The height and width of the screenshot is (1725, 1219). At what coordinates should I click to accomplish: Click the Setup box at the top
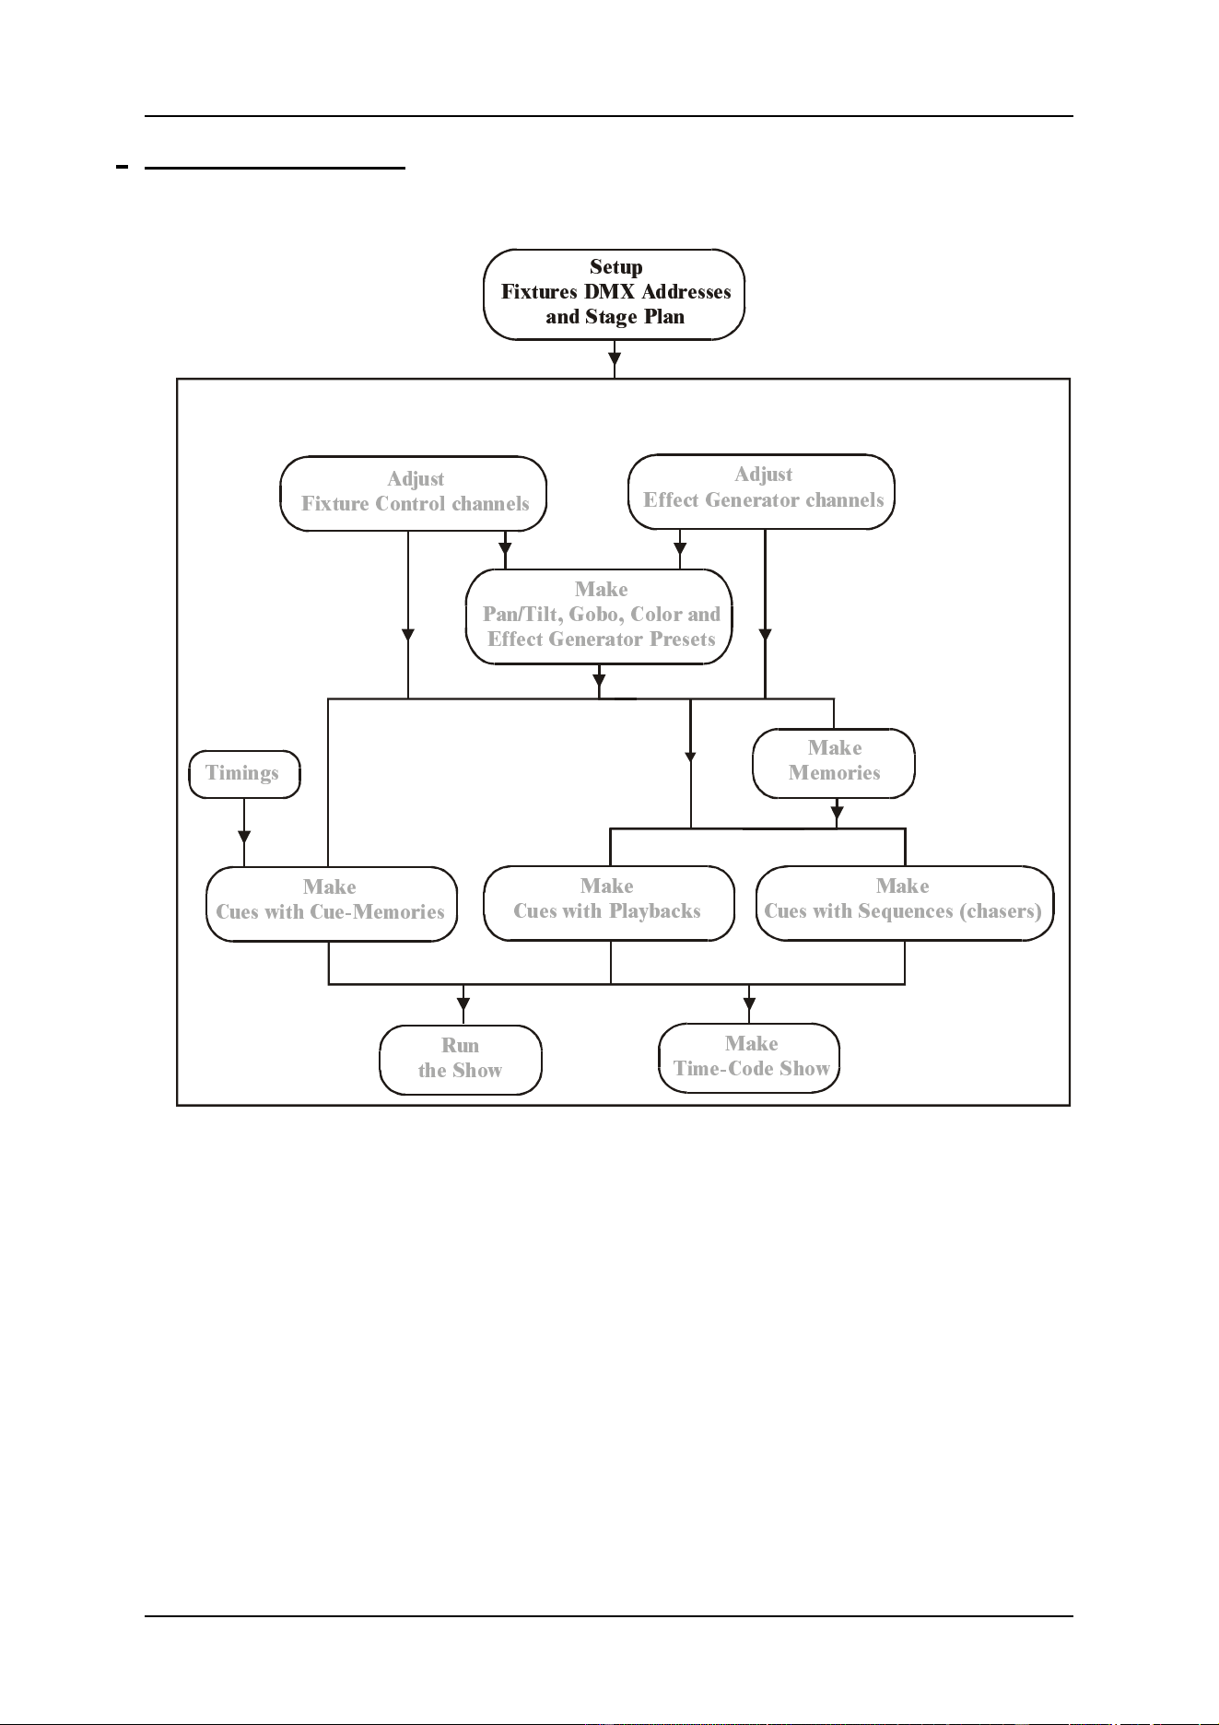614,294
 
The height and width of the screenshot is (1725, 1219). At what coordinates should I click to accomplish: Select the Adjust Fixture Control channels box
414,494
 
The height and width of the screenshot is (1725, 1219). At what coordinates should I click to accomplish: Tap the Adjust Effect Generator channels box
762,491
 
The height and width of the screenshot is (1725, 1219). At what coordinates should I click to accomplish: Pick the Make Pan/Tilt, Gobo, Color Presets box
600,616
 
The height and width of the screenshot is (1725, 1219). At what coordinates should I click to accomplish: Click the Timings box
244,774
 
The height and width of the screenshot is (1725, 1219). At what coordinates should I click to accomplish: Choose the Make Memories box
834,763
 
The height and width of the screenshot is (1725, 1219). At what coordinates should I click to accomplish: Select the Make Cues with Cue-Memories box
332,904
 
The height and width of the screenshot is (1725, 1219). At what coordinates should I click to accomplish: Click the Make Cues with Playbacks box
609,903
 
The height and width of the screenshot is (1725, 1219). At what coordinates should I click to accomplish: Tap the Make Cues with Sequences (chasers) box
905,903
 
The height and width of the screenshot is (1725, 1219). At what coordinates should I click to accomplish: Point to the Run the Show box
461,1060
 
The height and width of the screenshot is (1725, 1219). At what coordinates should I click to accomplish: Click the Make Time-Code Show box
749,1058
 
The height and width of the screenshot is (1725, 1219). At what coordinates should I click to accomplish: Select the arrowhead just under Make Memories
837,814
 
